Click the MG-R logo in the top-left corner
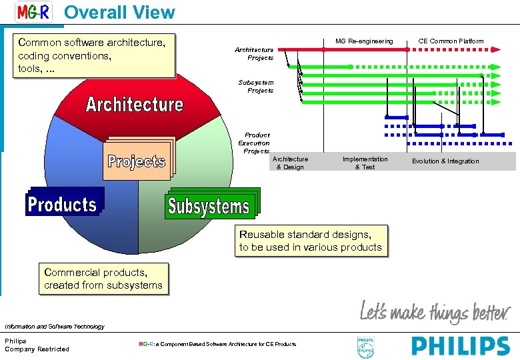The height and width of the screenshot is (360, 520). point(33,12)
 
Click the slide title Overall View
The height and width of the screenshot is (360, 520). point(119,12)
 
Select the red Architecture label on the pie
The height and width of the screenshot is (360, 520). point(134,105)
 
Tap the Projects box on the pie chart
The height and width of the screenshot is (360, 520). point(137,161)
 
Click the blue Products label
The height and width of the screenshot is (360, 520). point(62,204)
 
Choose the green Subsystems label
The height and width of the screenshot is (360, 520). point(209,206)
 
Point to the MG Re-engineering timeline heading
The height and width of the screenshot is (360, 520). point(364,41)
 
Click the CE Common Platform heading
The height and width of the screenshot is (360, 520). point(451,41)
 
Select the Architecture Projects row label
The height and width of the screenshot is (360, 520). point(254,53)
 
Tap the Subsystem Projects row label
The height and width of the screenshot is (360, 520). point(256,86)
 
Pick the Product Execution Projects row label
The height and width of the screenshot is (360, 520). point(254,143)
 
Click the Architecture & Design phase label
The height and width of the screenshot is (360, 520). point(290,163)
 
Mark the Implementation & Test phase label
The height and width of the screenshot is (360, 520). point(365,163)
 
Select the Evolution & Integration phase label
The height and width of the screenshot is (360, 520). point(445,161)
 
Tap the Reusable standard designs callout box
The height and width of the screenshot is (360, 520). point(311,241)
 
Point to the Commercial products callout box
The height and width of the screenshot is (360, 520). point(103,279)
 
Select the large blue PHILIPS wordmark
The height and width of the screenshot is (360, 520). point(461,346)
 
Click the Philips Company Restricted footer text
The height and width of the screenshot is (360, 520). point(37,345)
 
